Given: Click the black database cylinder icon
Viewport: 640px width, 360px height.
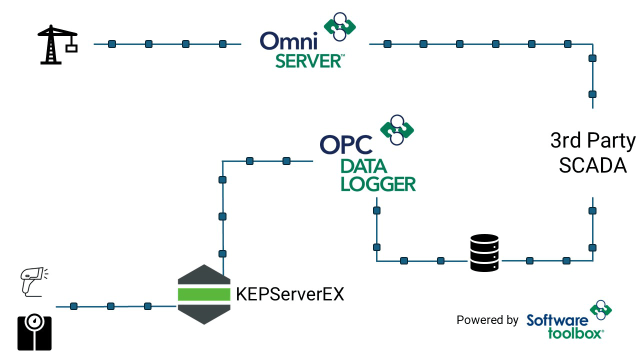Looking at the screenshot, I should click(484, 253).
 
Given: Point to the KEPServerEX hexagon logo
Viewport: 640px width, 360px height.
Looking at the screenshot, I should click(204, 294).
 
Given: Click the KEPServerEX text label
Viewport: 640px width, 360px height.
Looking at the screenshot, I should click(290, 294).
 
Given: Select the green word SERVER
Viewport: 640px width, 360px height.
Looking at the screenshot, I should click(308, 61).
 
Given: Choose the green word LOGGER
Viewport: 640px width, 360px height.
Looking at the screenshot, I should click(378, 183).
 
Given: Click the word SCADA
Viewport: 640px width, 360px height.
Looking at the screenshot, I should click(593, 165).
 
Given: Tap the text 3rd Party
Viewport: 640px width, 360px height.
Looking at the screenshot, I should click(593, 141).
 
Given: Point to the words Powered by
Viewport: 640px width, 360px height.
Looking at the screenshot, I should click(487, 320).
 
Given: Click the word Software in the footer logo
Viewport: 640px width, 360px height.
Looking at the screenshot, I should click(557, 320).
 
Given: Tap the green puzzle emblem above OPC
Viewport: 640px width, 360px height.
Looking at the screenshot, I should click(397, 129).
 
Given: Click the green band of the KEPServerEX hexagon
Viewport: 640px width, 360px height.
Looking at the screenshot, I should click(204, 294).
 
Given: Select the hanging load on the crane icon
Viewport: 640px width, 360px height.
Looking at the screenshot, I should click(71, 48).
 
